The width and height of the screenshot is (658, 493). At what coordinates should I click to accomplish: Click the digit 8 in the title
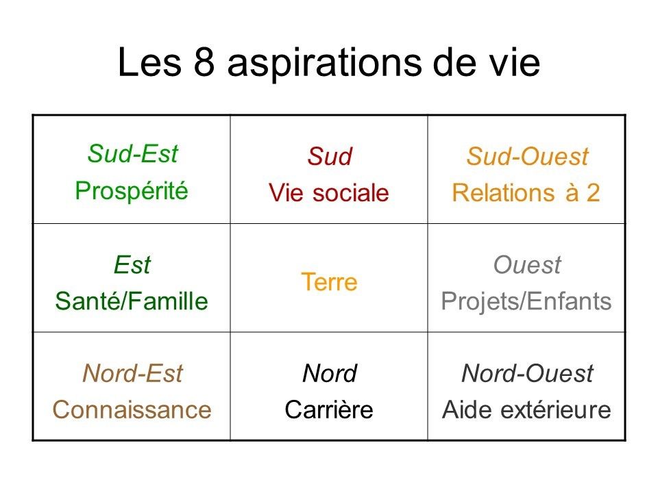(x=204, y=62)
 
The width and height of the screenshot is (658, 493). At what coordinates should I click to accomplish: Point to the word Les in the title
(x=150, y=62)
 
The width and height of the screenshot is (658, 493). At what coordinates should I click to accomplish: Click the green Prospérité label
(x=132, y=192)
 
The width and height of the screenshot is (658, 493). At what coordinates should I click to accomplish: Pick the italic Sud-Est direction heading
(x=132, y=153)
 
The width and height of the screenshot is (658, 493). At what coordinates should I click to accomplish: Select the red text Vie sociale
(x=329, y=193)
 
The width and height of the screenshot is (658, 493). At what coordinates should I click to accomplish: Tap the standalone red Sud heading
(x=330, y=156)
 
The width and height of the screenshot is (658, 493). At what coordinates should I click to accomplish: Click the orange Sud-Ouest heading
(x=527, y=156)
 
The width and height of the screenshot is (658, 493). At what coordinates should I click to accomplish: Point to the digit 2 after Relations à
(x=593, y=193)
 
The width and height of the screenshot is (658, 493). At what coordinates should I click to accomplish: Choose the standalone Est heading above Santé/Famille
(x=132, y=265)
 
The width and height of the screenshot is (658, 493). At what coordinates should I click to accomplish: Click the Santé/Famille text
(x=132, y=301)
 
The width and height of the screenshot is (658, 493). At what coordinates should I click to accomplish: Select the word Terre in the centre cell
(x=330, y=281)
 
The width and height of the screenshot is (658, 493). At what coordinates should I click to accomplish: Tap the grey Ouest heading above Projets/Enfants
(x=527, y=265)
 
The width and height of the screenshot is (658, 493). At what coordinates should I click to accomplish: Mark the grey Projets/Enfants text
(x=526, y=302)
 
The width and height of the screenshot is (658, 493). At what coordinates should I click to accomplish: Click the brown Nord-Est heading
(x=132, y=373)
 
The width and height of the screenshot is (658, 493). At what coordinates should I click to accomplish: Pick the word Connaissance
(x=132, y=409)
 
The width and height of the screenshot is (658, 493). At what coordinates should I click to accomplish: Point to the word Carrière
(x=329, y=409)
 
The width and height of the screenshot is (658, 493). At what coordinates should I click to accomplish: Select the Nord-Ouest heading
(x=527, y=373)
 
